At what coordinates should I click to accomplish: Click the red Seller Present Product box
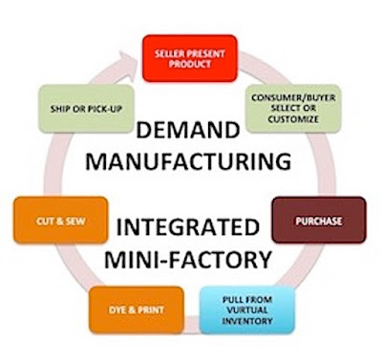point(190,58)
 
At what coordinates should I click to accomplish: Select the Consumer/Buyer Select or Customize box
point(293,109)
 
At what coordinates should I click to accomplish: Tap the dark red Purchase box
point(319,221)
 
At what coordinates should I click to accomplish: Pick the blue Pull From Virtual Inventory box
point(247,310)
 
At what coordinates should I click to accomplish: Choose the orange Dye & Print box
point(137,310)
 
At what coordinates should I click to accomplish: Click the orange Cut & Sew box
point(61,221)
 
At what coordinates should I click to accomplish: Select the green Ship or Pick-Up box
point(86,109)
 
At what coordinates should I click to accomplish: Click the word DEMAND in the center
point(188,131)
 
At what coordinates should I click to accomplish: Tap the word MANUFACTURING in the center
point(188,161)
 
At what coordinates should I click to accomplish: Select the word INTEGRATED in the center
point(188,228)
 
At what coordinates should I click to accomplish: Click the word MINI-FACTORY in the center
point(188,260)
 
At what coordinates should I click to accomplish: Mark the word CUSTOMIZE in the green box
point(293,119)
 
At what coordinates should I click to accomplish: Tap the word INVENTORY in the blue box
point(247,321)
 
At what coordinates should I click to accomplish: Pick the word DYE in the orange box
point(117,310)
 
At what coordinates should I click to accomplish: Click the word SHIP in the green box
point(60,109)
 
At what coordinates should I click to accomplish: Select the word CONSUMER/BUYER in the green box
point(293,97)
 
